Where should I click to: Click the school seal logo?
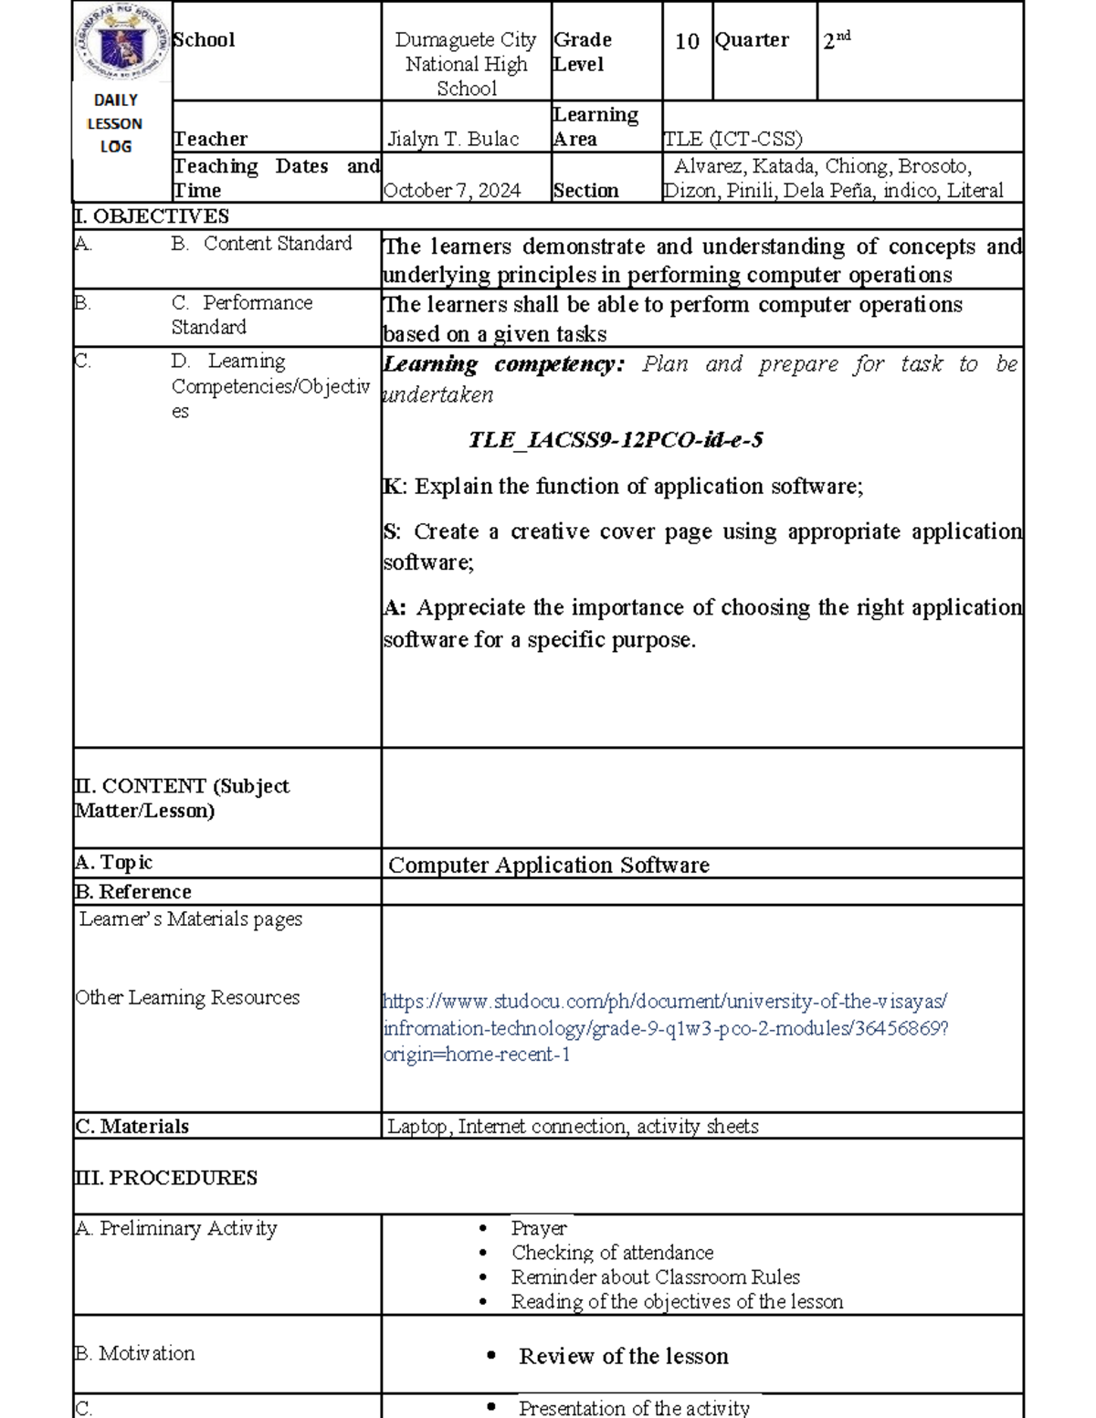121,43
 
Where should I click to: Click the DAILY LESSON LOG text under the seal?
115,123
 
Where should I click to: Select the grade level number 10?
687,42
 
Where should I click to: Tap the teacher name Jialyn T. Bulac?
453,140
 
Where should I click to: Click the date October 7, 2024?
452,191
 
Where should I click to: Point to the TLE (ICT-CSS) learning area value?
732,140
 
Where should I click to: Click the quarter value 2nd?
836,40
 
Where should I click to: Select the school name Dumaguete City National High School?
466,64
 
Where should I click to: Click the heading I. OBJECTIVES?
152,216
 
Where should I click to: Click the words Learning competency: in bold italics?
503,364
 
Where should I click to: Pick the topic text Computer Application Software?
549,865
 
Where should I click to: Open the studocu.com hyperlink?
665,1027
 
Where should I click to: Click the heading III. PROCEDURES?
165,1178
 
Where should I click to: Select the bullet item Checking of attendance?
612,1253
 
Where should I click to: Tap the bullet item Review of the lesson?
623,1357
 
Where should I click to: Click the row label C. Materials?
132,1127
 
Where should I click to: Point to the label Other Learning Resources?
187,998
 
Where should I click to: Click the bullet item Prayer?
539,1228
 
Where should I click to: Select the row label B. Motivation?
134,1353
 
